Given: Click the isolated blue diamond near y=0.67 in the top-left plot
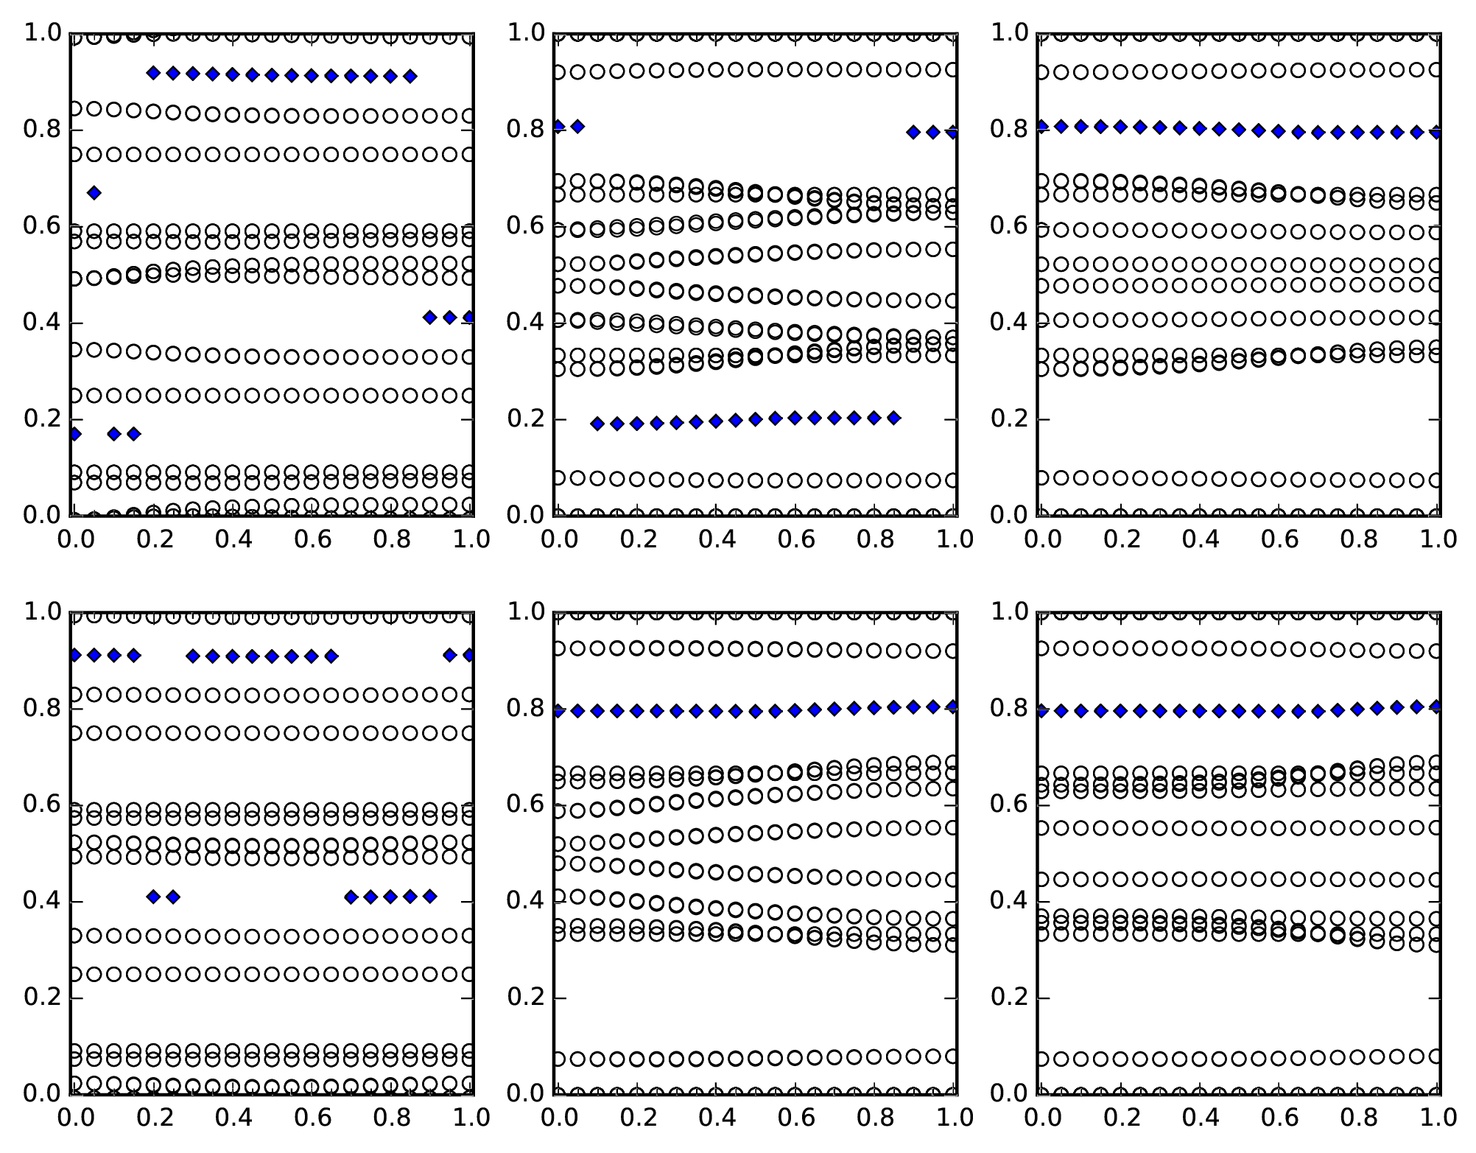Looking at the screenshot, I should (94, 193).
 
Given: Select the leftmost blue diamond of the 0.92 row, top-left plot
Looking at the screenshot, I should (153, 73).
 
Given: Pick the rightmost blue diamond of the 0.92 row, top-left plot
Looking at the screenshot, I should (410, 76).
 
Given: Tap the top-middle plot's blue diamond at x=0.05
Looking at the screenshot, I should (577, 127).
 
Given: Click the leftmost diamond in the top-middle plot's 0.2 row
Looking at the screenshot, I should (597, 424).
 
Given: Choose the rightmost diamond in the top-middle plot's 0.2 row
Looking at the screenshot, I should (893, 418).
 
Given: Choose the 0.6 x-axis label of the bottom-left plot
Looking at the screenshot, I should (313, 1118).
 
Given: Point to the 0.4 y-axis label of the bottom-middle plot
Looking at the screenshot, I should (525, 901).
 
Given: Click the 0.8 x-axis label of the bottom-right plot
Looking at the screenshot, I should (1359, 1118).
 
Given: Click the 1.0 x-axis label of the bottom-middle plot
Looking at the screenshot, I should (955, 1118).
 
